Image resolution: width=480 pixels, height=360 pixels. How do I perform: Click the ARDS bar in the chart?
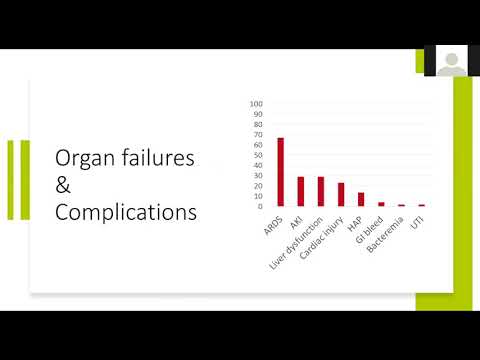pos(280,171)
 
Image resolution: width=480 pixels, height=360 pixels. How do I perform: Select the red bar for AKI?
pos(300,191)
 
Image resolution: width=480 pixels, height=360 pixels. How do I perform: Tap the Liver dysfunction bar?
pos(321,191)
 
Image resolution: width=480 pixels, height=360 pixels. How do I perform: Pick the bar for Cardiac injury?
pos(341,194)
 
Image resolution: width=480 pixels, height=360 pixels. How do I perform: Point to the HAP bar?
pos(361,199)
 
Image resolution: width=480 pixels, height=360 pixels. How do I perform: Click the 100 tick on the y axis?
pos(256,104)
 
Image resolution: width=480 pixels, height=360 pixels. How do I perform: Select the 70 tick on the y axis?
pos(257,135)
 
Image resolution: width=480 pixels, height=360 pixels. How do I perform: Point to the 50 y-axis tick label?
pos(257,155)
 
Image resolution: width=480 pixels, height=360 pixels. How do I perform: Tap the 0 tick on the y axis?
pos(259,206)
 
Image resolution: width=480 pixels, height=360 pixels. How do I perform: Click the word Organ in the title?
pos(88,158)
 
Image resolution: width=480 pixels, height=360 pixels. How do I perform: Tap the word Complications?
pos(125,212)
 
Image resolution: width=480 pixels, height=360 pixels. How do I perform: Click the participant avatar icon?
pos(451,62)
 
